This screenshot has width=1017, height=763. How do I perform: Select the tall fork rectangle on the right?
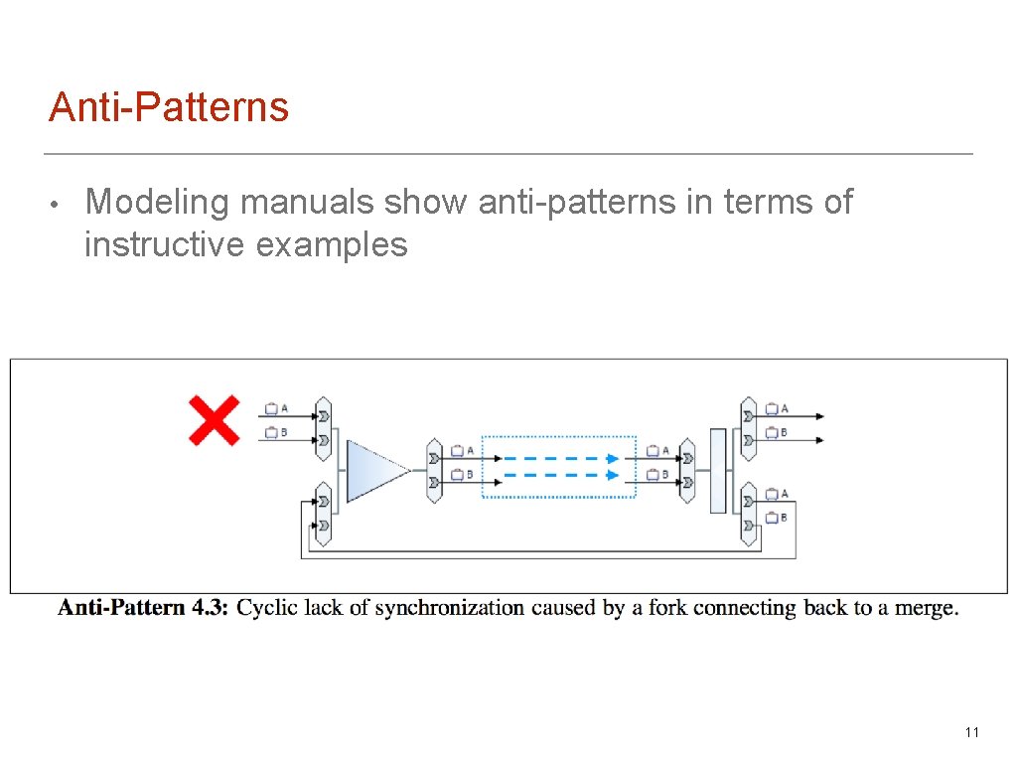[x=718, y=470]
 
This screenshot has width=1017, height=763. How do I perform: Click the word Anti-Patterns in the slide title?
[x=169, y=107]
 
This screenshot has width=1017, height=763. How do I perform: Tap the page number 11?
[x=971, y=732]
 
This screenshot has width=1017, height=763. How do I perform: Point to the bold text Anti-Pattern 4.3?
[x=143, y=607]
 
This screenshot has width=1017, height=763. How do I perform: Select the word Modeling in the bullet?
[x=158, y=202]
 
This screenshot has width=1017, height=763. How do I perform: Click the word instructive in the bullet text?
[x=164, y=244]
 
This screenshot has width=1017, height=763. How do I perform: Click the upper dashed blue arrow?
[x=557, y=459]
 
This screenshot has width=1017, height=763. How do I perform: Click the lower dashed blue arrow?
[x=557, y=475]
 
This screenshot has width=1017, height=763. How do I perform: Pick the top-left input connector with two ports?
[x=322, y=428]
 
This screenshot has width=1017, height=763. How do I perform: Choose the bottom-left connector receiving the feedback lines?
[x=322, y=514]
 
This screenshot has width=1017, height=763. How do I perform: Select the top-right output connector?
[x=749, y=428]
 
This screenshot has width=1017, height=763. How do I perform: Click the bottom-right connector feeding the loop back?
[x=749, y=514]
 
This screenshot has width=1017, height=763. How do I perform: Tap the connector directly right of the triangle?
[x=434, y=470]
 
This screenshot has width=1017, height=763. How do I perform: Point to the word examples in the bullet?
[x=332, y=244]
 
